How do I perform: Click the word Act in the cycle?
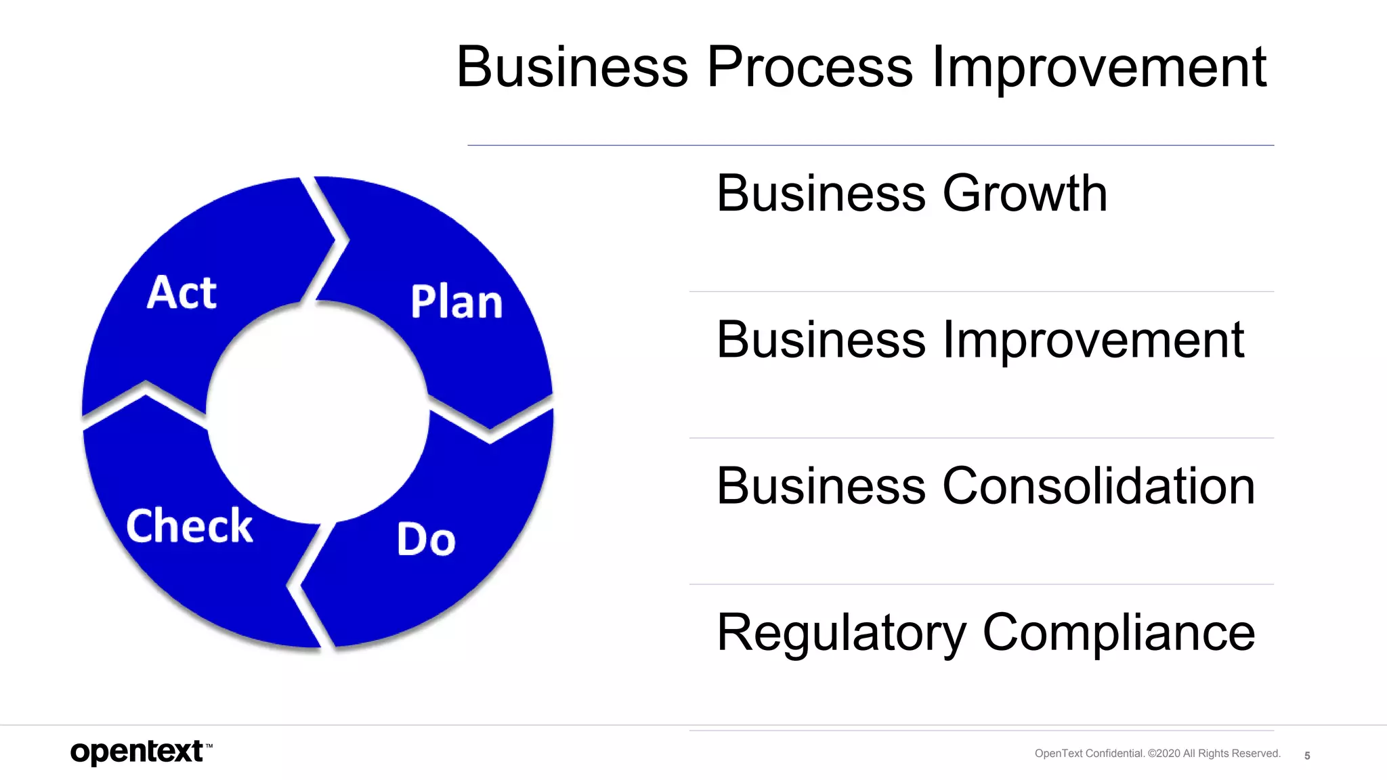(182, 292)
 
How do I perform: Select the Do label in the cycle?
(426, 540)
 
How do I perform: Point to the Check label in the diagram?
(190, 526)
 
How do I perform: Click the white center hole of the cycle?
(318, 413)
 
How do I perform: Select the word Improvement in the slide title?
(1098, 68)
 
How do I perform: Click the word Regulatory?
(842, 633)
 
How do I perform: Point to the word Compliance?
(1119, 633)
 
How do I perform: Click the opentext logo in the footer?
(137, 752)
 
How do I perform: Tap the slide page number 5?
(1307, 756)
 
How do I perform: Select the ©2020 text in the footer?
(1164, 754)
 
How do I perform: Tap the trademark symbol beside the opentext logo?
(209, 745)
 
